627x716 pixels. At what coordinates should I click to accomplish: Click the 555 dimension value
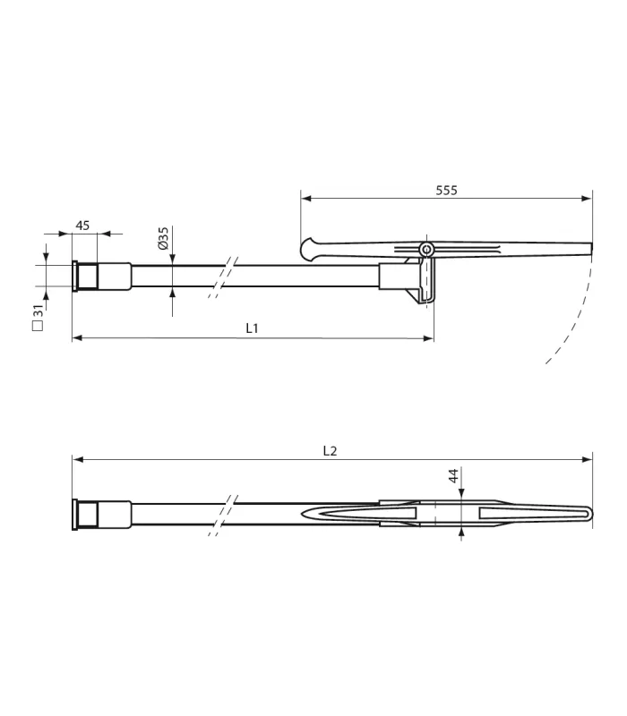(446, 191)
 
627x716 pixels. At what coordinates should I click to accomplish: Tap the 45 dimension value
(82, 226)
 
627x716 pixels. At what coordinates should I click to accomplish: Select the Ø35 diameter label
(164, 237)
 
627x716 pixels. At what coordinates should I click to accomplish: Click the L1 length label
(253, 328)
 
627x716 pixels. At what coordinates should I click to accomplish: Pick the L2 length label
(330, 450)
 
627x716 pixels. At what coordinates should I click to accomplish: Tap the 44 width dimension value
(454, 475)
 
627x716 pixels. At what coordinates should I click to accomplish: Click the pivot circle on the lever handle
(426, 249)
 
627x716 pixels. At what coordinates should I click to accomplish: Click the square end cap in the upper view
(76, 276)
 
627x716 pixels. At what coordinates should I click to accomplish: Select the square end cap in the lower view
(76, 515)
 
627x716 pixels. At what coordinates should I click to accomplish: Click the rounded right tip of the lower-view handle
(588, 513)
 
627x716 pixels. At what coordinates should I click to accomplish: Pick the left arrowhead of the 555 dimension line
(305, 198)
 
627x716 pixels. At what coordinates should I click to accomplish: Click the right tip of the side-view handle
(590, 248)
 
